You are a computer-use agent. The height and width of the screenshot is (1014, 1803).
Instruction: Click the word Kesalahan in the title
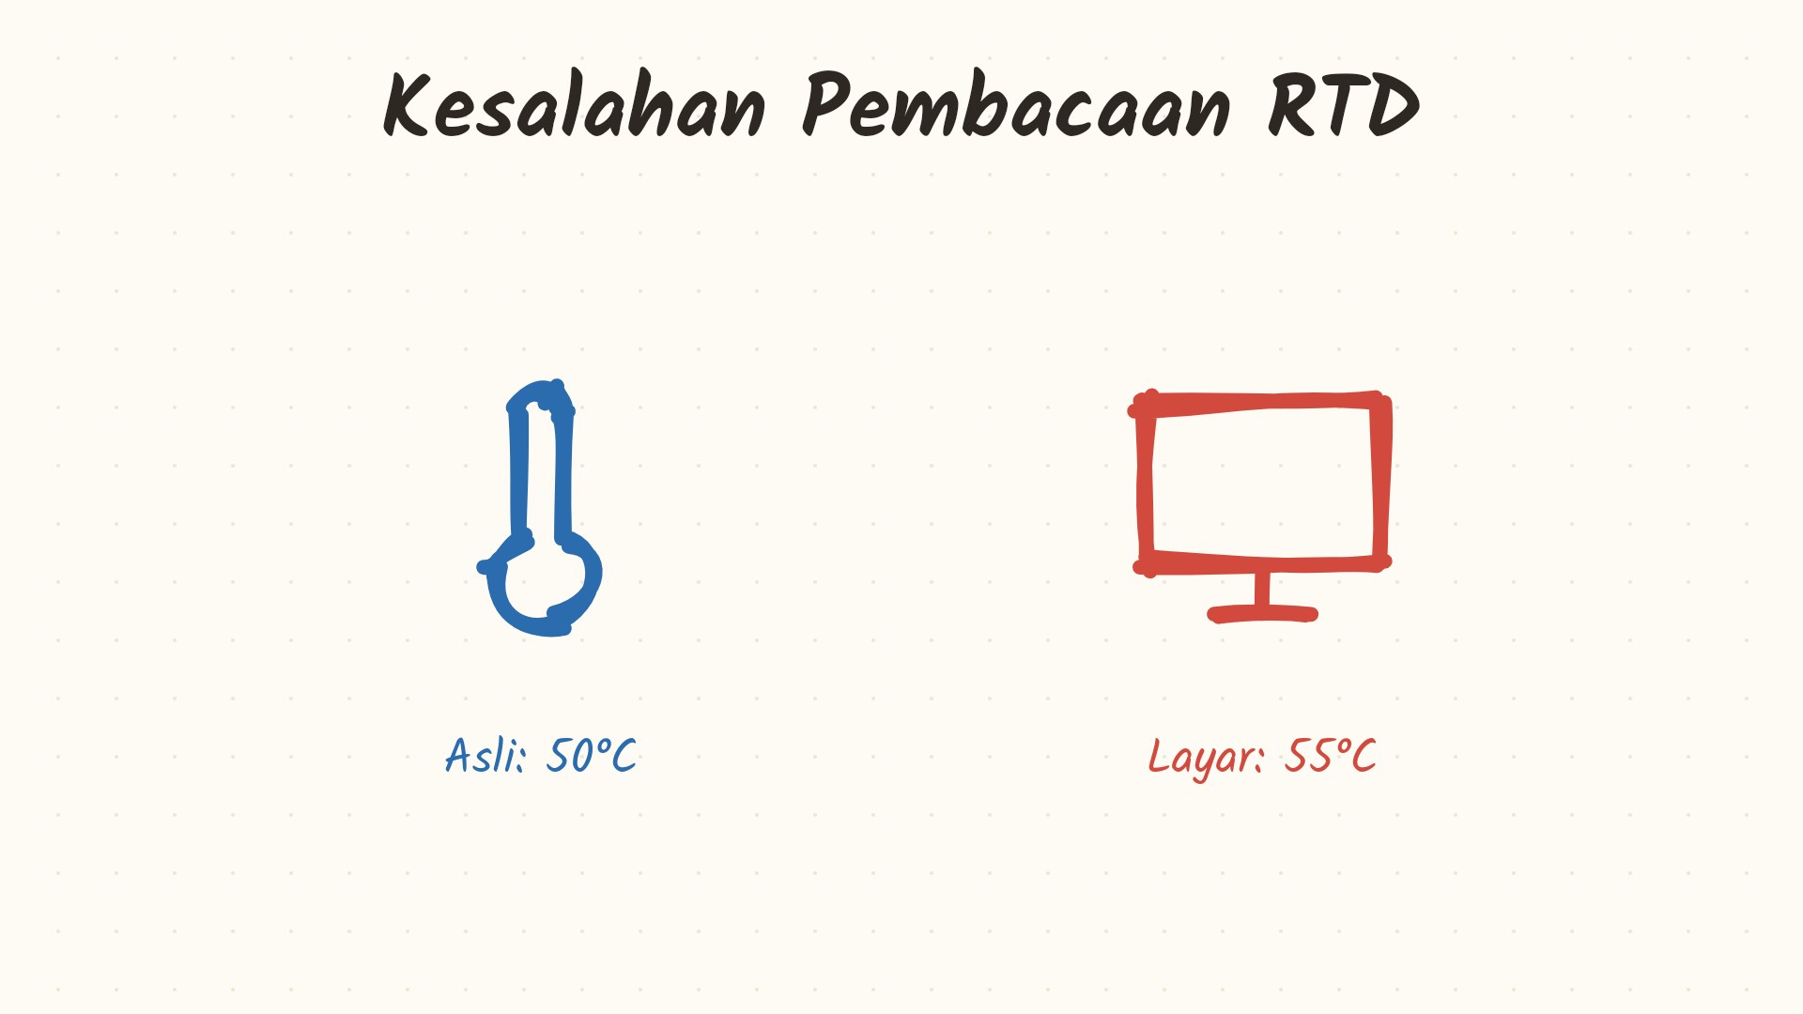click(x=574, y=105)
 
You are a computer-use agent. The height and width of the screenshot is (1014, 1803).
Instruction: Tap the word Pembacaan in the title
click(x=1016, y=105)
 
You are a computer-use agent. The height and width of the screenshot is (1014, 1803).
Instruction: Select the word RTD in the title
click(x=1344, y=105)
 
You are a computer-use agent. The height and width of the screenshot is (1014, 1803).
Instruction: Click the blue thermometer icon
click(x=540, y=508)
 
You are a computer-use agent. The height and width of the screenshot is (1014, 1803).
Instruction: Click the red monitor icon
click(x=1259, y=506)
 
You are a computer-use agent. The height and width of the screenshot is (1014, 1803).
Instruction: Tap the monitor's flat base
click(x=1262, y=614)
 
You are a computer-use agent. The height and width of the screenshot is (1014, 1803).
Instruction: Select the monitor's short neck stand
click(x=1262, y=589)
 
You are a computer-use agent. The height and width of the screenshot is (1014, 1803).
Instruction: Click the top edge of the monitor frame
click(x=1259, y=403)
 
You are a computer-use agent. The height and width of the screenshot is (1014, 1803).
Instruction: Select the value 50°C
click(x=591, y=755)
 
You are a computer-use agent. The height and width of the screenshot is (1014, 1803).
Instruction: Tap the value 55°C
click(x=1330, y=755)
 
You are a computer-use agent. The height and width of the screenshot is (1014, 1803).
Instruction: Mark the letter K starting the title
click(x=407, y=105)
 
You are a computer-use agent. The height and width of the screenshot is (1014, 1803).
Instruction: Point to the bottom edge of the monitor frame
click(x=1262, y=563)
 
